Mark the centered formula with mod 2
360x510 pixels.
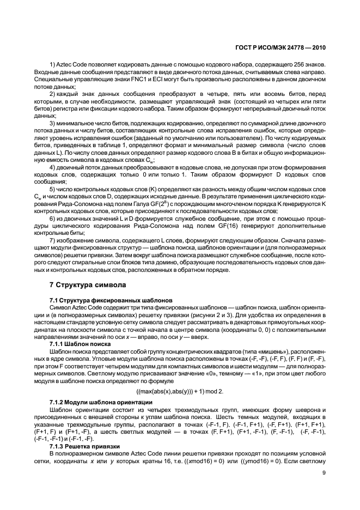(180, 390)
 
